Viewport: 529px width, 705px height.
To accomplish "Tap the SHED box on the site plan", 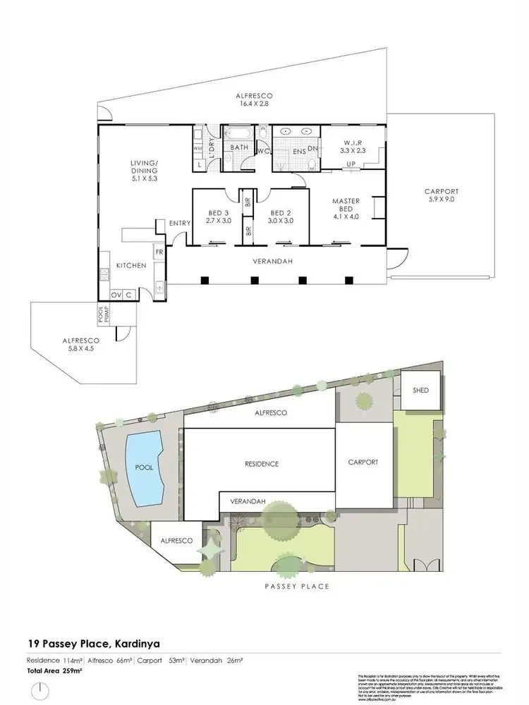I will coord(420,391).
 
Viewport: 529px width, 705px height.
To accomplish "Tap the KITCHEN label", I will coord(132,266).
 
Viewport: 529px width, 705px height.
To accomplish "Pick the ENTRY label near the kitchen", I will coord(180,224).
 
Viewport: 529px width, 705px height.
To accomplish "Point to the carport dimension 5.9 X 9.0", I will coord(442,200).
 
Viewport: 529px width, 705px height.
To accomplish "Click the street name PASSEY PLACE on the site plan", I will coord(296,586).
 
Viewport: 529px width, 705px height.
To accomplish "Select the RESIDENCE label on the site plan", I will coord(262,464).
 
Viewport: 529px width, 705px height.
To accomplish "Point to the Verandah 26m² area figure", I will coord(226,660).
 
